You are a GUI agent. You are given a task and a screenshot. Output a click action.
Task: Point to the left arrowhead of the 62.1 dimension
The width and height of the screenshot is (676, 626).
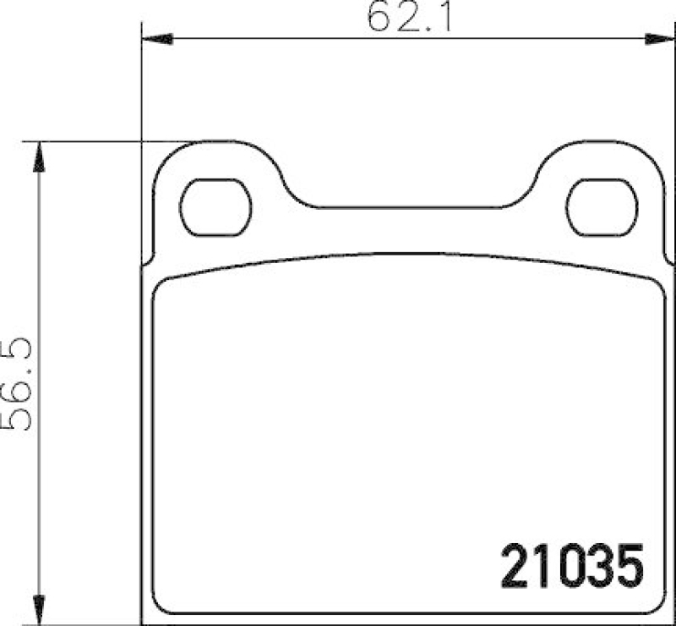click(156, 39)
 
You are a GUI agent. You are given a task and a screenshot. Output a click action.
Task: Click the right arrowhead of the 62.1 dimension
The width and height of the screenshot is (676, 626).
click(659, 39)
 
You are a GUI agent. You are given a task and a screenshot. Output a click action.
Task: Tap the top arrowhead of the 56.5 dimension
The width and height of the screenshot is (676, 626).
click(36, 156)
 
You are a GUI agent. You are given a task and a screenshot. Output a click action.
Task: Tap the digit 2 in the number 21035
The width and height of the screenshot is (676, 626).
click(516, 566)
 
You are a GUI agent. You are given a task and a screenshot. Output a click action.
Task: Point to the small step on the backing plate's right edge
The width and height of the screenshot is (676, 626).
click(666, 259)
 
